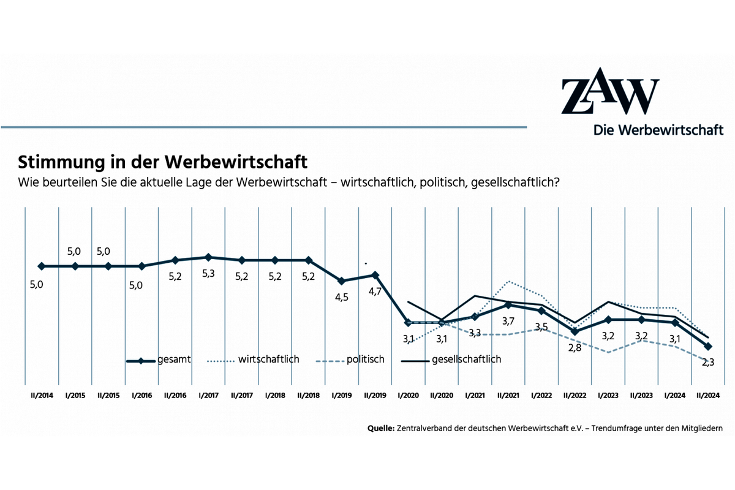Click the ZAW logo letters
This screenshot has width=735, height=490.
(x=610, y=96)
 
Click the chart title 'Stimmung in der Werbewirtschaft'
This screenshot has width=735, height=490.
(x=162, y=162)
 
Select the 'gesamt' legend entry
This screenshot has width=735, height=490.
(x=159, y=360)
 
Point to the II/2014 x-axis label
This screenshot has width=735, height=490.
(x=42, y=396)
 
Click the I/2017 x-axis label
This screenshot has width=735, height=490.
(x=209, y=396)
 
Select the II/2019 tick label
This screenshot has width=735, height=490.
(x=375, y=396)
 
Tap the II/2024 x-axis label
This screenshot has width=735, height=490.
(x=709, y=396)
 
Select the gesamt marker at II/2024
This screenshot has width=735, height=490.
(x=709, y=347)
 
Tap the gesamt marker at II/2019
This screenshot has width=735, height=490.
(x=375, y=275)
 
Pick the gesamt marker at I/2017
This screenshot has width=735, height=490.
(x=208, y=257)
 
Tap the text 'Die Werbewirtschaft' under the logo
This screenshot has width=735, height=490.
(x=658, y=130)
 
